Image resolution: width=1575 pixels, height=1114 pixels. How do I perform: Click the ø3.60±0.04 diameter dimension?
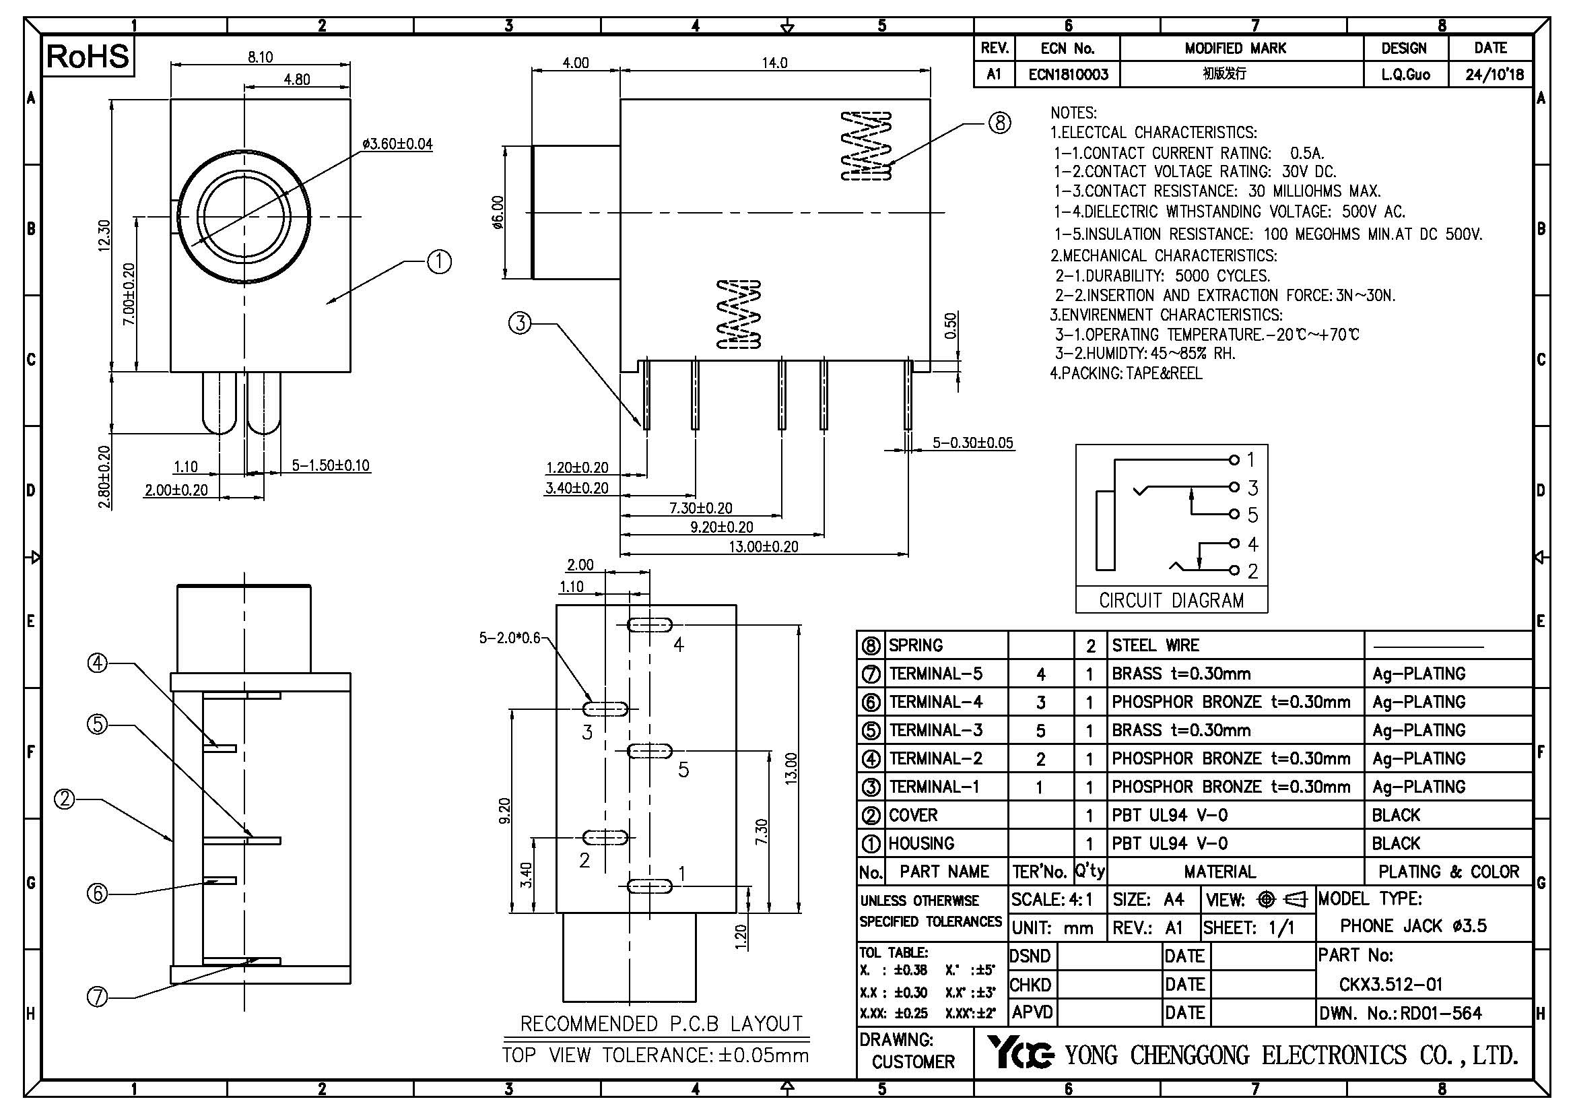pos(398,144)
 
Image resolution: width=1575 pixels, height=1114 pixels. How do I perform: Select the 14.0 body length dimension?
pos(774,63)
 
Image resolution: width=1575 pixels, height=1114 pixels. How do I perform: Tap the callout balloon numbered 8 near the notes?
pos(999,123)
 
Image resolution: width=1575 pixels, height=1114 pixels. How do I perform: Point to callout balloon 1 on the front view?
pos(439,261)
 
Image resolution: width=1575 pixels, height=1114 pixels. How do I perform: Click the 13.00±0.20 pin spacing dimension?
pos(764,547)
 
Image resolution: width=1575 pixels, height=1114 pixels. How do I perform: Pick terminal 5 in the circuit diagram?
pos(1234,514)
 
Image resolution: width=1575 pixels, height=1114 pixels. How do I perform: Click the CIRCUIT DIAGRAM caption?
pos(1171,600)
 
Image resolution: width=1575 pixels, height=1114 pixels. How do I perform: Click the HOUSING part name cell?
pos(921,843)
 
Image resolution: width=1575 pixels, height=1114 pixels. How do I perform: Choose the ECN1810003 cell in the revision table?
pos(1068,74)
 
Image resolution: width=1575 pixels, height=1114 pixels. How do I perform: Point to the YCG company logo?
pos(1020,1053)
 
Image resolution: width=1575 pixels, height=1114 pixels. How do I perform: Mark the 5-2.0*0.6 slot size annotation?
pos(509,638)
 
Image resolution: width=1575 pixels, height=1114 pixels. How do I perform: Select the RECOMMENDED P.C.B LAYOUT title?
pos(661,1024)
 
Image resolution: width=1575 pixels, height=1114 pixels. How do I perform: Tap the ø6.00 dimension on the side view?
pos(498,213)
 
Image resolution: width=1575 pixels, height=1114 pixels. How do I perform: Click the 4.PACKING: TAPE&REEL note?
pos(1126,373)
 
